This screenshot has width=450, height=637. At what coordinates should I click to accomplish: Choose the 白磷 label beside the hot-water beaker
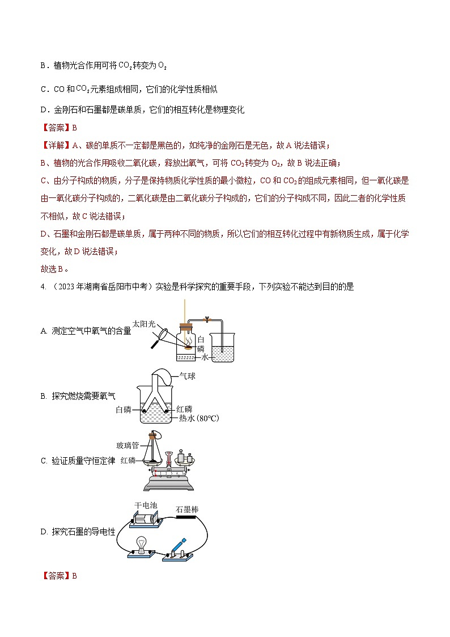(123, 409)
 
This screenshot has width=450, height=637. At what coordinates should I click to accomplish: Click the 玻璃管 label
(127, 445)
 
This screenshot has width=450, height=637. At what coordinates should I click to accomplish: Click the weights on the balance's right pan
(186, 457)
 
